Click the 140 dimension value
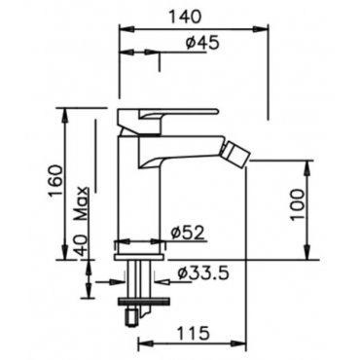tap(186, 17)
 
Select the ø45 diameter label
tap(202, 43)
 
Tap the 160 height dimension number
tap(54, 181)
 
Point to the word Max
tap(83, 203)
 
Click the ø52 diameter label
tap(189, 233)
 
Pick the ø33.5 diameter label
tap(203, 273)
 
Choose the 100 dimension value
tap(298, 204)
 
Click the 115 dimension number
tap(194, 333)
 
